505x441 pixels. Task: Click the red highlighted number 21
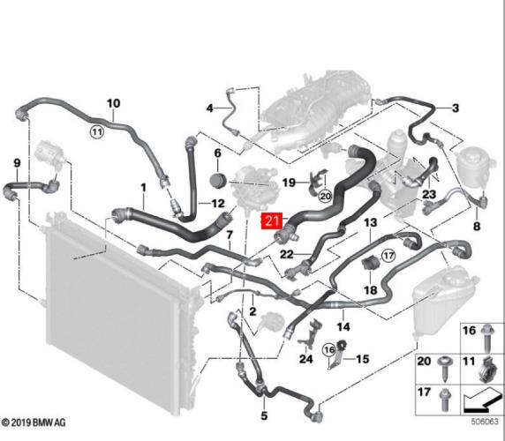tap(271, 222)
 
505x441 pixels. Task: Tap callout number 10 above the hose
tap(113, 104)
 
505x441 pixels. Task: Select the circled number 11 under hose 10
tap(96, 132)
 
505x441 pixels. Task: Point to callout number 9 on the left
tap(16, 162)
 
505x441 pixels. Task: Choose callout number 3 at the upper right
tap(456, 108)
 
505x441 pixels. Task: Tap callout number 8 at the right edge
tap(476, 227)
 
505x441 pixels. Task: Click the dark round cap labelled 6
tap(217, 181)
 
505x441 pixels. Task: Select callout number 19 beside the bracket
tap(289, 183)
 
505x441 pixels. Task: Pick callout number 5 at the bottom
tap(264, 414)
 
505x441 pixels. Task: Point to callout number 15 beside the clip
tap(363, 359)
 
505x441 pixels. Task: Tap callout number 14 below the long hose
tap(343, 326)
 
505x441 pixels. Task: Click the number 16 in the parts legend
tap(469, 332)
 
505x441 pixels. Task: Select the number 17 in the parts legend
tap(423, 392)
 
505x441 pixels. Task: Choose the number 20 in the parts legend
tap(423, 363)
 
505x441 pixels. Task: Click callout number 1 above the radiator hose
tap(142, 188)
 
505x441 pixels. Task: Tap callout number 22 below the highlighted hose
tap(286, 255)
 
